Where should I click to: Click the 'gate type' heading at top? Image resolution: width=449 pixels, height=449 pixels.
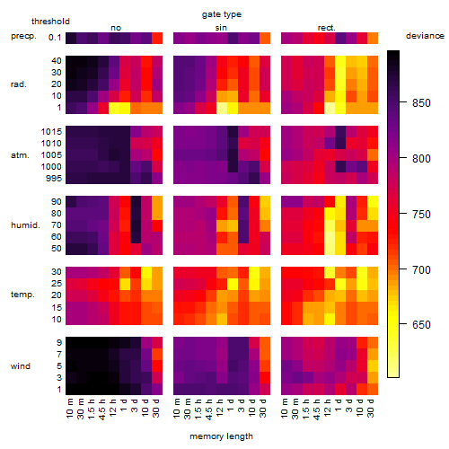[x=222, y=14]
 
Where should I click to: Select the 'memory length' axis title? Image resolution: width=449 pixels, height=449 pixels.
[x=222, y=436]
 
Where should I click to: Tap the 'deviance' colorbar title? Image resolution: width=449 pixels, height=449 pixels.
[x=425, y=36]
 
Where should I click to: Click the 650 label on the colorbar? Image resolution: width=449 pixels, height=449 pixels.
[x=421, y=324]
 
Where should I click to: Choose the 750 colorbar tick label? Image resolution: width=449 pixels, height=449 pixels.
[x=421, y=214]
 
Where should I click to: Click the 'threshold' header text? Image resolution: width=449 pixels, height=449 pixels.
[x=50, y=22]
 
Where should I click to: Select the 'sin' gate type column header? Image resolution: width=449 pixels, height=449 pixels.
[x=221, y=28]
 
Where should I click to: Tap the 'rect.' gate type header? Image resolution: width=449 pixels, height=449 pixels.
[x=327, y=28]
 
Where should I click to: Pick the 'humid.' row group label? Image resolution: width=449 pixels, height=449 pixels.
[x=25, y=225]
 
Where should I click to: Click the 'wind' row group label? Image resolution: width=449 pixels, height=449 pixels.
[x=21, y=366]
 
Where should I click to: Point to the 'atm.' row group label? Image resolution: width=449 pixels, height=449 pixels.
[x=20, y=155]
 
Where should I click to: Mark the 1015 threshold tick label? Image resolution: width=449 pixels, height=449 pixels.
[x=51, y=132]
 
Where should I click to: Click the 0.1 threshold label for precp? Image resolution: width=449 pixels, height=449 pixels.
[x=55, y=38]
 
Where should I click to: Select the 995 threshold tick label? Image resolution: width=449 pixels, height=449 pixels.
[x=54, y=179]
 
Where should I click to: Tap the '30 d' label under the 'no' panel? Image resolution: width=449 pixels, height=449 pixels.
[x=156, y=408]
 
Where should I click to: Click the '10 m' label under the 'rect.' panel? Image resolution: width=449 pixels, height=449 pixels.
[x=286, y=409]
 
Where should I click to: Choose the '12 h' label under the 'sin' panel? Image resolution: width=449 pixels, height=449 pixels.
[x=221, y=408]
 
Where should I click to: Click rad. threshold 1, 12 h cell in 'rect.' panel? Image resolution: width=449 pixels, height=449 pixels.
[x=330, y=108]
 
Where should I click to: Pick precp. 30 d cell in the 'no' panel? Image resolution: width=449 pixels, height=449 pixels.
[x=157, y=38]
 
